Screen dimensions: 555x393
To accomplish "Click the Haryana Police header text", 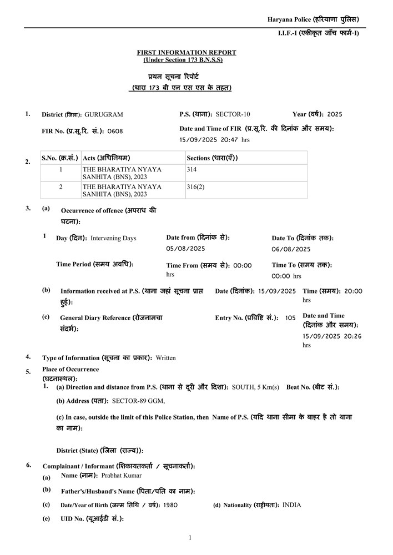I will click(313, 19).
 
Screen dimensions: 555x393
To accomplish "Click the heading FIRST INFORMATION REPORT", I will click(187, 52).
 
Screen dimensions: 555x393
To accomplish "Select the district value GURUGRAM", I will click(104, 114).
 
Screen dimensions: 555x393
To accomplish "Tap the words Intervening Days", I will click(113, 238).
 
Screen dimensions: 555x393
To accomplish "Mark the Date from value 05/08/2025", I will click(186, 248).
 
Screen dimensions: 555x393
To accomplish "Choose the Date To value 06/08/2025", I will click(291, 249).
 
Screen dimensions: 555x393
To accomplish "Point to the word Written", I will click(165, 358).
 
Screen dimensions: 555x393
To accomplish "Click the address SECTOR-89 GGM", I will click(138, 401).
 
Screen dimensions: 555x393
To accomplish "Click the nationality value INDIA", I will click(292, 505).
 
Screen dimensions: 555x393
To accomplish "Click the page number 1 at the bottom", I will click(190, 537).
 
